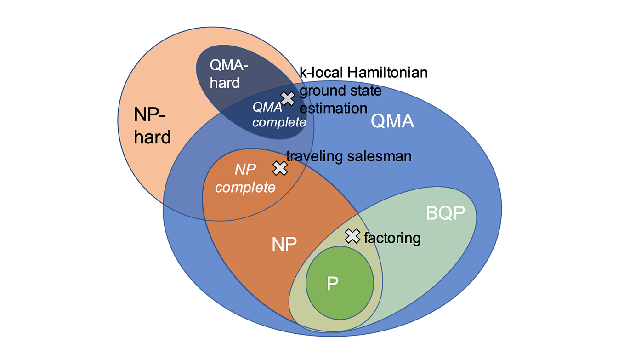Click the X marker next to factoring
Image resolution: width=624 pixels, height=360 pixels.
pyautogui.click(x=352, y=236)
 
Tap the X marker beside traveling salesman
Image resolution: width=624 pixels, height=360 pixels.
pyautogui.click(x=280, y=168)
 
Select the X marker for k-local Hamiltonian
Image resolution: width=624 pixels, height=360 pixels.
pyautogui.click(x=288, y=98)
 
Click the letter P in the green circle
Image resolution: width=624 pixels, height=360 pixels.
pyautogui.click(x=332, y=284)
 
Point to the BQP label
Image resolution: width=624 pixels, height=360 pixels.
pyautogui.click(x=445, y=213)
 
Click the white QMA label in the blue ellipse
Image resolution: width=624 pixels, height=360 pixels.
pyautogui.click(x=392, y=121)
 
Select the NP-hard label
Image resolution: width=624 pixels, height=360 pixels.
pyautogui.click(x=152, y=125)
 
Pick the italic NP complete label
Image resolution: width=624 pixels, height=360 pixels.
pyautogui.click(x=245, y=178)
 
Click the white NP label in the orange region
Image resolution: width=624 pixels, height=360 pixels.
pyautogui.click(x=284, y=244)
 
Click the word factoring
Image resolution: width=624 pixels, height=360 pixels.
pyautogui.click(x=392, y=238)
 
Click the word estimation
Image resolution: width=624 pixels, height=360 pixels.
pyautogui.click(x=333, y=108)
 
